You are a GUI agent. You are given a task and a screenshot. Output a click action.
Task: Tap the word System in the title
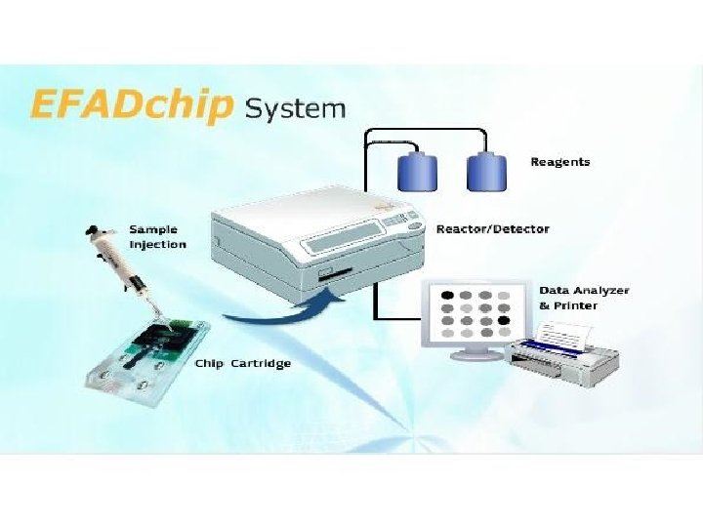click(x=295, y=107)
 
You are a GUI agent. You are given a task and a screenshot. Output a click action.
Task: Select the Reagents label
click(x=559, y=162)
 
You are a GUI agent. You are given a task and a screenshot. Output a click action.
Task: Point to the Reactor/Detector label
click(x=492, y=229)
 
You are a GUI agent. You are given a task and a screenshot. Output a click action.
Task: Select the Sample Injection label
click(x=157, y=237)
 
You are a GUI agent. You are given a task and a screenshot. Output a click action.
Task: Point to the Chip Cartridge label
click(x=242, y=364)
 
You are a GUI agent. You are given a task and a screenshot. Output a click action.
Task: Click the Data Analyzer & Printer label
click(x=584, y=298)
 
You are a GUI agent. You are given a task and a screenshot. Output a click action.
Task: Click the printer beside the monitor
click(x=566, y=361)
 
